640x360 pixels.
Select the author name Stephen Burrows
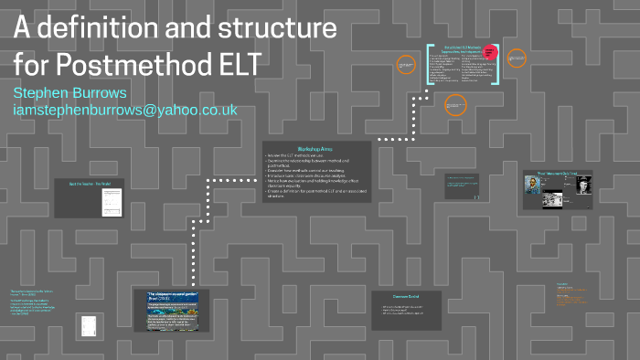click(x=71, y=93)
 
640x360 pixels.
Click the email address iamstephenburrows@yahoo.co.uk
click(x=125, y=111)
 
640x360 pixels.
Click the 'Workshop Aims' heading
click(x=316, y=148)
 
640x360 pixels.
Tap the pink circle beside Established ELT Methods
click(x=490, y=53)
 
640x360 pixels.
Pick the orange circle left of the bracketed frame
click(x=407, y=64)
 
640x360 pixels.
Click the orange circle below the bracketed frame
click(x=454, y=105)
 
